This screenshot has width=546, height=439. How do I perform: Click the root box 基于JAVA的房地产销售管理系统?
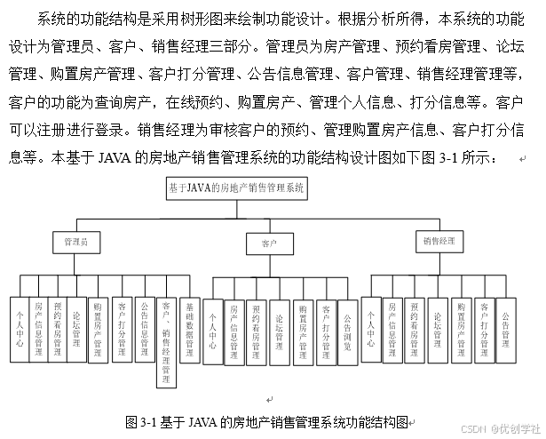[x=235, y=188]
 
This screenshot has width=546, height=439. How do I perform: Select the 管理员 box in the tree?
[x=76, y=241]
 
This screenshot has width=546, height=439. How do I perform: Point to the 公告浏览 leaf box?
[x=348, y=331]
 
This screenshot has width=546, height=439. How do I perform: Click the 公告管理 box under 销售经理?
[x=506, y=330]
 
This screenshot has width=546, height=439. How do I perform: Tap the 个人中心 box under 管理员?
[x=19, y=329]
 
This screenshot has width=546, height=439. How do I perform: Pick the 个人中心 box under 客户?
[x=212, y=331]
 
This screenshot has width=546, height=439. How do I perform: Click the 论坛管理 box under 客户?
[x=280, y=331]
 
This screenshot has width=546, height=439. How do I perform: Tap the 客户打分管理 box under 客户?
[x=325, y=331]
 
